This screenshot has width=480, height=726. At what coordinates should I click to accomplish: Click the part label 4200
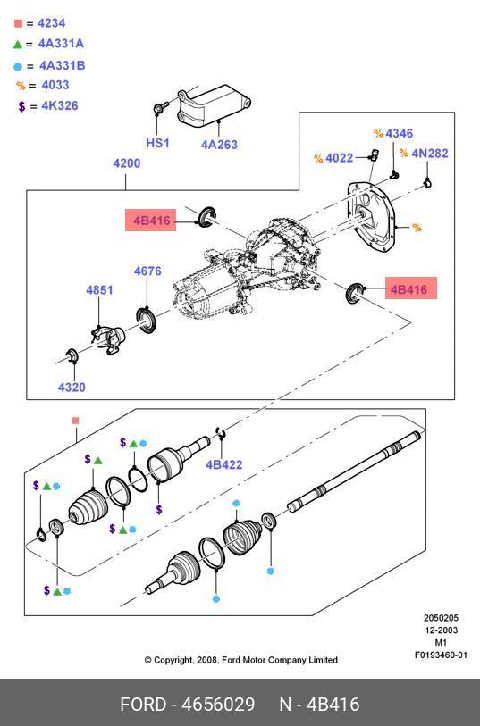[x=127, y=163]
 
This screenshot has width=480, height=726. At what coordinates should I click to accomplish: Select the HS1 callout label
[x=157, y=143]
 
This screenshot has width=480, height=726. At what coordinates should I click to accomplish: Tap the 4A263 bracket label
[x=219, y=145]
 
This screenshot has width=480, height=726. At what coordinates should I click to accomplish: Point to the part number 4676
[x=147, y=271]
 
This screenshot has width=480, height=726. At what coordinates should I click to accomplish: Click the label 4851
[x=99, y=290]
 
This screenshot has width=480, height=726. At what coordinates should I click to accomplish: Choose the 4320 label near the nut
[x=72, y=387]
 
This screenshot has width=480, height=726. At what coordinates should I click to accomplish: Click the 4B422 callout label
[x=224, y=464]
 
